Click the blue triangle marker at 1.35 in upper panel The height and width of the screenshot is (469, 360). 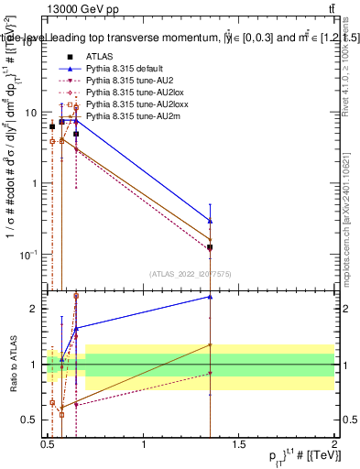coord(211,221)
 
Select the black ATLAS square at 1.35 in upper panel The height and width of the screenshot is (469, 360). coord(211,247)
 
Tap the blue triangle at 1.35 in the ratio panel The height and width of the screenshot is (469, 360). coord(211,296)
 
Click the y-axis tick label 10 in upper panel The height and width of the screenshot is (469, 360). coord(31,112)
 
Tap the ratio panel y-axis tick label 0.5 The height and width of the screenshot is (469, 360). coord(29,420)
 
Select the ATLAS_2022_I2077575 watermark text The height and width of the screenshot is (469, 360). coord(191,273)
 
